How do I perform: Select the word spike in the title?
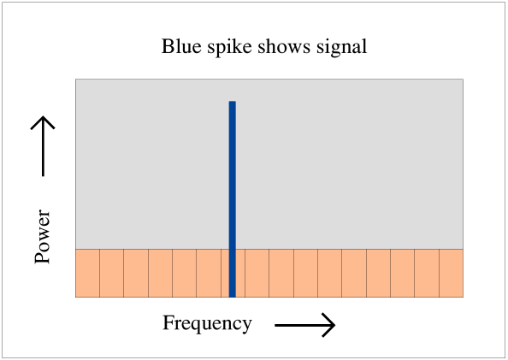click(229, 48)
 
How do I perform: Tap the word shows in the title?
click(284, 46)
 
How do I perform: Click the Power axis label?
click(43, 236)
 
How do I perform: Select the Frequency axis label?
click(207, 324)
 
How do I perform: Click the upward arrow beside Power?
click(43, 146)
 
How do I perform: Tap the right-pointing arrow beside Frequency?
click(304, 325)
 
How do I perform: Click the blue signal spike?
click(233, 199)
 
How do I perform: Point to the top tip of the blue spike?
click(233, 102)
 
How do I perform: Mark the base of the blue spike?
click(233, 297)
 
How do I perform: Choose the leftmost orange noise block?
click(87, 273)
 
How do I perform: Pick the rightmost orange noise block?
click(452, 273)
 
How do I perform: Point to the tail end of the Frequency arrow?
click(275, 325)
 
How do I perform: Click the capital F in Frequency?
click(168, 322)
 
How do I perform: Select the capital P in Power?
click(42, 257)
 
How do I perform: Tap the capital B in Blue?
click(168, 46)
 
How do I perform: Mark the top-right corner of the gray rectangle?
click(463, 79)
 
